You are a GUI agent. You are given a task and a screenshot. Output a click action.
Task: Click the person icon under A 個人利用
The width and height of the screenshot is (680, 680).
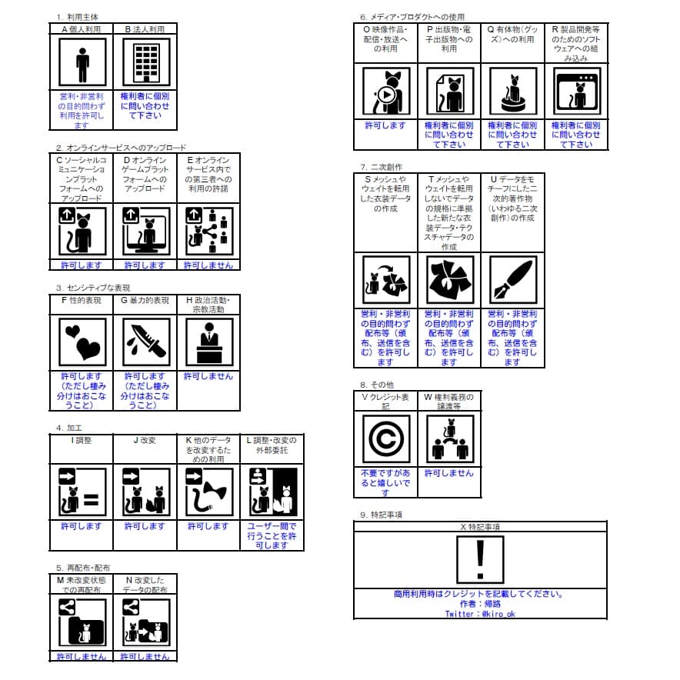click(x=82, y=62)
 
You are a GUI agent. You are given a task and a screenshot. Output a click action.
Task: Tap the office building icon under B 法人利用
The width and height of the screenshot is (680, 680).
click(x=146, y=62)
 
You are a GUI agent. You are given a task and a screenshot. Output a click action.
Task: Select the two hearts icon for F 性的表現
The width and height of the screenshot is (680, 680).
click(x=82, y=342)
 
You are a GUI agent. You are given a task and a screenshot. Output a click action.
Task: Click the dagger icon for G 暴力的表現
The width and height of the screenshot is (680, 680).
click(x=146, y=342)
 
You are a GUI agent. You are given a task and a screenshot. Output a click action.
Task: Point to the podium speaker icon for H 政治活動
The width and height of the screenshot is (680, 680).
click(x=209, y=342)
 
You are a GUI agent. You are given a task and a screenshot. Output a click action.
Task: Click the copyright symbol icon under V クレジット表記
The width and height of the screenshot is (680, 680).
click(x=386, y=439)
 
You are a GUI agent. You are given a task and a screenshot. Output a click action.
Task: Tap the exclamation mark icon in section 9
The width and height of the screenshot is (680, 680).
click(x=480, y=559)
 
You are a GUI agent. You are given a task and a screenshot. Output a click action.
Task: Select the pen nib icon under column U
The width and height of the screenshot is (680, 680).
click(x=513, y=279)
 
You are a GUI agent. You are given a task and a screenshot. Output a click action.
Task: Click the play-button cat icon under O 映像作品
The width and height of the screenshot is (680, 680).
click(x=386, y=91)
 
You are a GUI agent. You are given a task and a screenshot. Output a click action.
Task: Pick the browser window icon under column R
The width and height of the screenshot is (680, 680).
click(x=577, y=91)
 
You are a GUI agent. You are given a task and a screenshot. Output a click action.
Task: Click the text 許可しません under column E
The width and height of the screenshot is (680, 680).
click(x=208, y=265)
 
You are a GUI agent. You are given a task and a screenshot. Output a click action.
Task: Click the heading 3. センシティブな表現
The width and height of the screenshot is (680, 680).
click(x=93, y=288)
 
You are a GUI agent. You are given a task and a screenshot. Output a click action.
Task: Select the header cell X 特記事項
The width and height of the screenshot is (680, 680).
click(x=480, y=526)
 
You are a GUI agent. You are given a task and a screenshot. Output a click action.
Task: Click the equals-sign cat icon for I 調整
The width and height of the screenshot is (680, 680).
click(x=82, y=492)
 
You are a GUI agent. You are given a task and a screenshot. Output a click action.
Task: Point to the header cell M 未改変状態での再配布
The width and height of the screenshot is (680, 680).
click(x=81, y=584)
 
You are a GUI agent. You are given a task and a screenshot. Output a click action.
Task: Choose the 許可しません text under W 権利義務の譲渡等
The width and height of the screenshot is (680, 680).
click(x=449, y=473)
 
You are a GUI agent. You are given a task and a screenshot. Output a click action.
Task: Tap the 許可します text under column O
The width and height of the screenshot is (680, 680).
click(x=385, y=125)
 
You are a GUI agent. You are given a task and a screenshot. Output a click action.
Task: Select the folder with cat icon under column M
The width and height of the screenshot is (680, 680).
click(x=82, y=622)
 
